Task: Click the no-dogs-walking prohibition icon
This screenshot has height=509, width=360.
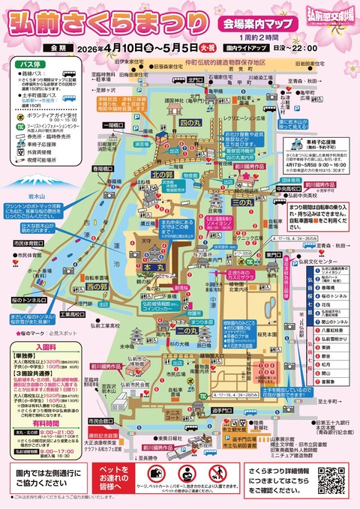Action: tap(185, 474)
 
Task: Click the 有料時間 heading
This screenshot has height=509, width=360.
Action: tap(31, 424)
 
